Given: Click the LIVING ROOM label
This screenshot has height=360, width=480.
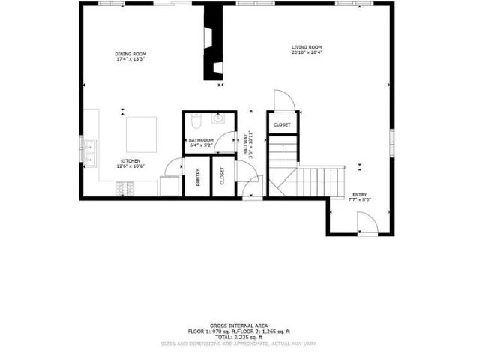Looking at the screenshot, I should pyautogui.click(x=306, y=48).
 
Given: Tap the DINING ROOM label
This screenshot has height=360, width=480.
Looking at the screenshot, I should pyautogui.click(x=130, y=54).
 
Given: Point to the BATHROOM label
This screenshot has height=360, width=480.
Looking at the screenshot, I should pyautogui.click(x=201, y=140).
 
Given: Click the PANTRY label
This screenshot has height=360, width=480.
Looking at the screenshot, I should pyautogui.click(x=198, y=177).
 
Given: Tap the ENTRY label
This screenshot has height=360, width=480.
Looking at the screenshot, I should pyautogui.click(x=360, y=194).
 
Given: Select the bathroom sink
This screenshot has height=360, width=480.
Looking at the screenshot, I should pyautogui.click(x=220, y=118).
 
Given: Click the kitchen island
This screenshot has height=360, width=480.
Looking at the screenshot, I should pyautogui.click(x=141, y=134).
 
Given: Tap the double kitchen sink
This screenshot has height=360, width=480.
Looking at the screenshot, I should pyautogui.click(x=89, y=152).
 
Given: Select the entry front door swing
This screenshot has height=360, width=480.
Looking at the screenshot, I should pyautogui.click(x=366, y=222).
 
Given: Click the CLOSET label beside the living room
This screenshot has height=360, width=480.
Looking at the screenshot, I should pyautogui.click(x=282, y=124).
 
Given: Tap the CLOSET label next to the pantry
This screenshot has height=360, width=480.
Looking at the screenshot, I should pyautogui.click(x=223, y=176).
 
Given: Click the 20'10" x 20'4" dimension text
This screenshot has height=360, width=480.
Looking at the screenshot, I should pyautogui.click(x=306, y=53).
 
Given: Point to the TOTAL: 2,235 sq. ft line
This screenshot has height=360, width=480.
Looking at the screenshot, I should pyautogui.click(x=239, y=337).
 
